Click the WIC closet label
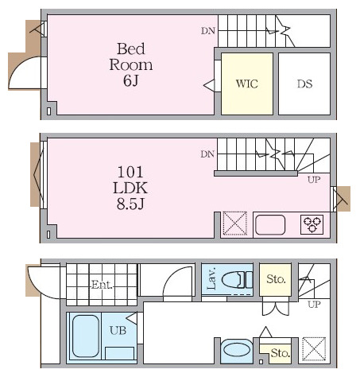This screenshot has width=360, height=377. (247, 84)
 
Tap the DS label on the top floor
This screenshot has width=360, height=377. (304, 84)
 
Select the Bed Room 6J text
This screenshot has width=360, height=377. (131, 64)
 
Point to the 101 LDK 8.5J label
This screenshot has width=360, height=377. (130, 188)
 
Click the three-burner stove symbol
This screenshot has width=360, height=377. (312, 224)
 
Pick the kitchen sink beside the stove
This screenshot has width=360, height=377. (270, 225)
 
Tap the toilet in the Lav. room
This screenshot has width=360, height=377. (237, 280)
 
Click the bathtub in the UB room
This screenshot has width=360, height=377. (86, 336)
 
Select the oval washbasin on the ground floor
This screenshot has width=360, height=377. (236, 350)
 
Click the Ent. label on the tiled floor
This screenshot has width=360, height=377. (102, 285)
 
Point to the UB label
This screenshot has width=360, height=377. (118, 330)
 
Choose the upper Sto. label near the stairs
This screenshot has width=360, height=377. (276, 279)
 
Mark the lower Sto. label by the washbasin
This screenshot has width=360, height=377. (281, 353)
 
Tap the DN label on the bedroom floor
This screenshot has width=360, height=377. (208, 31)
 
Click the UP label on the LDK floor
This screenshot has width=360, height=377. (314, 180)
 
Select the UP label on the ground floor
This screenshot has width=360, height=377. (314, 304)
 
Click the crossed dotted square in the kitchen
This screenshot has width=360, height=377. (235, 223)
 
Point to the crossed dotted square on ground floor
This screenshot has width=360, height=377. (314, 349)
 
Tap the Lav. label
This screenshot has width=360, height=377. (211, 278)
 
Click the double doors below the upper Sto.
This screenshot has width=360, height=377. (276, 309)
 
